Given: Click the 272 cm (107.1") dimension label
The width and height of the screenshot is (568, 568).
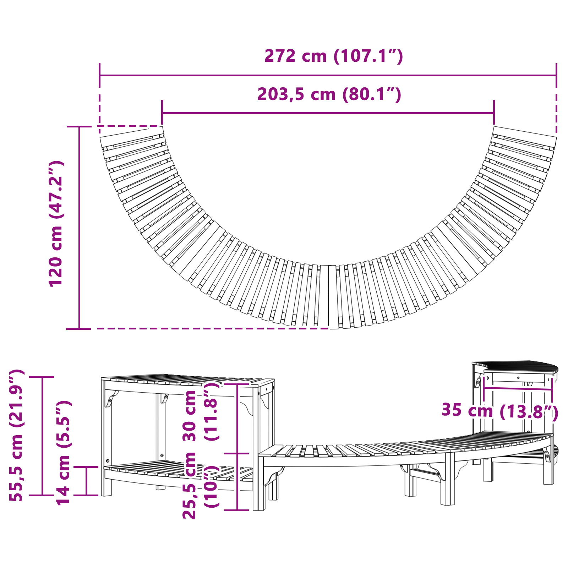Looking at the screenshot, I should pyautogui.click(x=333, y=56).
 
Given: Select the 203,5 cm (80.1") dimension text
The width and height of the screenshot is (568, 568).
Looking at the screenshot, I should pyautogui.click(x=329, y=94).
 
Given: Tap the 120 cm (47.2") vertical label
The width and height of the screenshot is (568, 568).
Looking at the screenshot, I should pyautogui.click(x=56, y=224).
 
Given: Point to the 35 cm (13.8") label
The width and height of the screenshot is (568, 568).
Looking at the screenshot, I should pyautogui.click(x=499, y=411).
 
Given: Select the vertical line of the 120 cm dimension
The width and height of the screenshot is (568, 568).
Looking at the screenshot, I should pyautogui.click(x=79, y=227).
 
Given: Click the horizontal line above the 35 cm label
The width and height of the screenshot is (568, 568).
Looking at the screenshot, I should pyautogui.click(x=518, y=389).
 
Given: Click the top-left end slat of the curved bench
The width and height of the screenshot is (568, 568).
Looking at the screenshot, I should pyautogui.click(x=132, y=137).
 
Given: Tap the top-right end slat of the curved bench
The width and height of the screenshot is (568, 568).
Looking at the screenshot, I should pyautogui.click(x=525, y=137).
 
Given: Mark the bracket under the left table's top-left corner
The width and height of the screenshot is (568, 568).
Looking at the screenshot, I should pyautogui.click(x=110, y=398).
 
